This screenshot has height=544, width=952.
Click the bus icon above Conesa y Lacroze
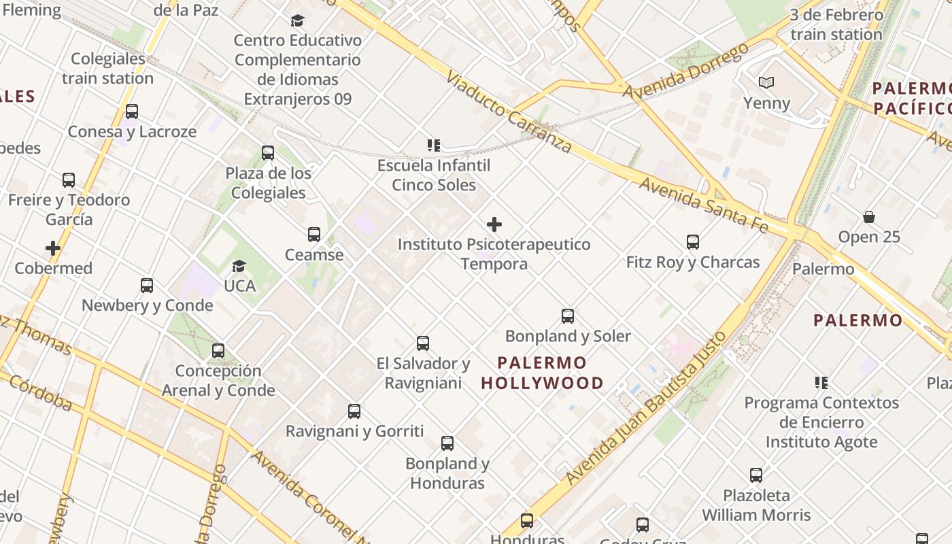tap(132, 112)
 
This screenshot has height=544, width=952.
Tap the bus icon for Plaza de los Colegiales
tap(268, 153)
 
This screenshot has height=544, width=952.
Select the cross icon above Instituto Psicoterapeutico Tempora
tap(494, 224)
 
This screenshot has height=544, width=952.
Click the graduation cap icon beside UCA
tap(239, 266)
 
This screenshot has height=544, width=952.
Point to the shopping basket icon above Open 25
tap(868, 217)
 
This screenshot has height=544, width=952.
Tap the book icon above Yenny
tap(766, 83)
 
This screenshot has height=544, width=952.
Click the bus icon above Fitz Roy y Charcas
tap(693, 242)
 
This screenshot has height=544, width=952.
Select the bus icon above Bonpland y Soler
tap(568, 316)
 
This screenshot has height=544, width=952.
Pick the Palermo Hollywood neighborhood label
tap(542, 373)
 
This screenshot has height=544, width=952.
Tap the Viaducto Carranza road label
tap(509, 112)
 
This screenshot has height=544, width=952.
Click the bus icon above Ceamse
tap(314, 235)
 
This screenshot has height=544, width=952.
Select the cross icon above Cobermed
tap(53, 248)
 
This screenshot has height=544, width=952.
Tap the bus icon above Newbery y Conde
tap(147, 286)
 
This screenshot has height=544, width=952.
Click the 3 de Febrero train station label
tap(836, 24)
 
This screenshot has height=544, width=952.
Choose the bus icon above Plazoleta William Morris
tap(756, 475)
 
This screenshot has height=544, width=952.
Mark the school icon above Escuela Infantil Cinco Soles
tap(434, 145)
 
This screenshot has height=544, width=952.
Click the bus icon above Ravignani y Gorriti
tap(354, 411)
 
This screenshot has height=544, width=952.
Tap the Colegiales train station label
tap(108, 69)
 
